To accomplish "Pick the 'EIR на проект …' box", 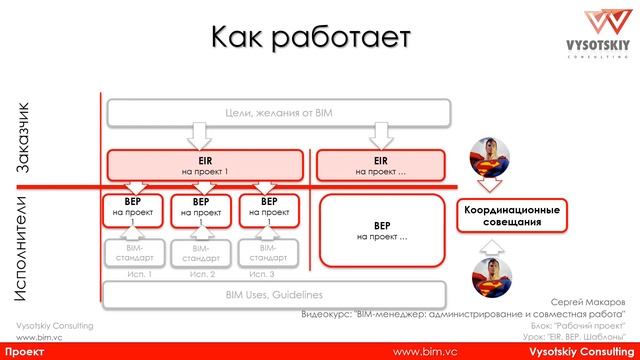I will pos(379,164).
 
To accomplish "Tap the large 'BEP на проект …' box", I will pos(381,231).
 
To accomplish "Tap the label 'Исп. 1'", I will pos(129,274).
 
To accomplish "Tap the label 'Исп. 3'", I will pos(263,274).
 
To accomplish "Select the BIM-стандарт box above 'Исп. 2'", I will pos(196,253).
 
